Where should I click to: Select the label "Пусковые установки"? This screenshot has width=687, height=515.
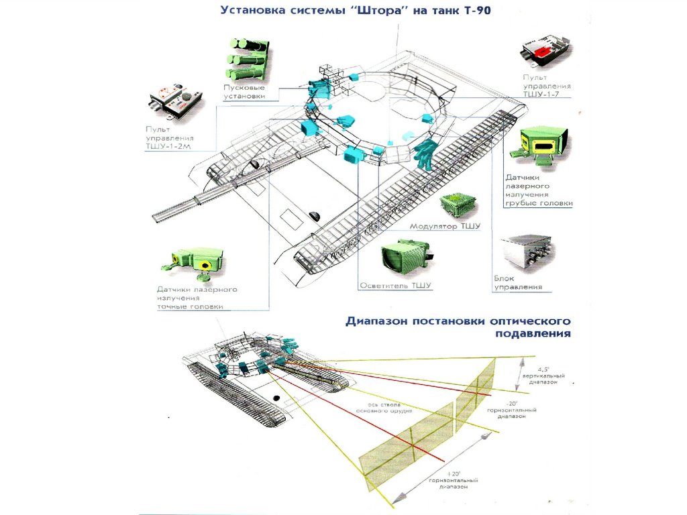pyautogui.click(x=244, y=92)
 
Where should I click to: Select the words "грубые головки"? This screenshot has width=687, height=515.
pyautogui.click(x=539, y=203)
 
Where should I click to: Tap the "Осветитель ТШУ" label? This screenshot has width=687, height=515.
pyautogui.click(x=395, y=286)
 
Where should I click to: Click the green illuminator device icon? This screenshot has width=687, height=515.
pyautogui.click(x=403, y=258)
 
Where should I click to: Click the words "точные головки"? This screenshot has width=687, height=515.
pyautogui.click(x=190, y=306)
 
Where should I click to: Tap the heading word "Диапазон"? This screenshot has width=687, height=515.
pyautogui.click(x=380, y=321)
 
